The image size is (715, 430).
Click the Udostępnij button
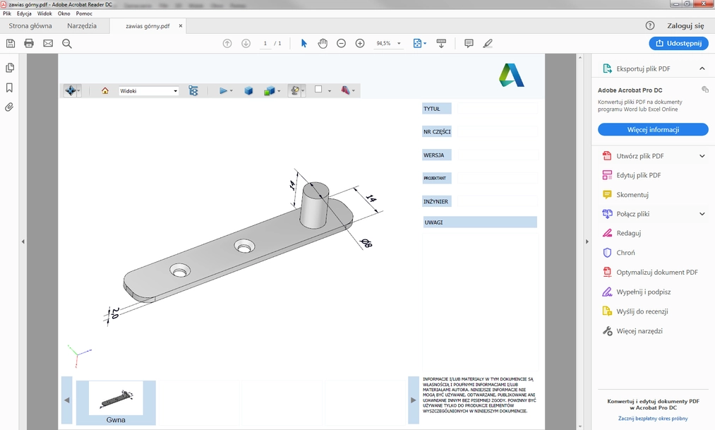point(678,43)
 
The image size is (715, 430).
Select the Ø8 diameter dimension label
point(367,244)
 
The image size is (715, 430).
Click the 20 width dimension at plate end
point(113,313)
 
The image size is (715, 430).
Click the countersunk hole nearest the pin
point(245,246)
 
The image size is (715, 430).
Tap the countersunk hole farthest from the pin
point(180,271)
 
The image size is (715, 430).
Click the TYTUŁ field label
point(432,109)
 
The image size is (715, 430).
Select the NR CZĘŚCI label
point(436,132)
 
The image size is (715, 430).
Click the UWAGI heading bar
point(479,222)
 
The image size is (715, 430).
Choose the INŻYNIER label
point(435,201)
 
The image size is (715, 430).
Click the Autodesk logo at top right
point(512,75)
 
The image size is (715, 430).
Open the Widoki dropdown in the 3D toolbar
point(149,91)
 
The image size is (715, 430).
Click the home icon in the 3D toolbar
point(105,91)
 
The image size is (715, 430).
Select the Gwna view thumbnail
point(116,400)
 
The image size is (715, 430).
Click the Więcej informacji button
point(653,130)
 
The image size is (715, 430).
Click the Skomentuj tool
point(632,194)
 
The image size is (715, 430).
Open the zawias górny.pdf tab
point(148,26)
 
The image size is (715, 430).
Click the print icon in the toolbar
point(29,43)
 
